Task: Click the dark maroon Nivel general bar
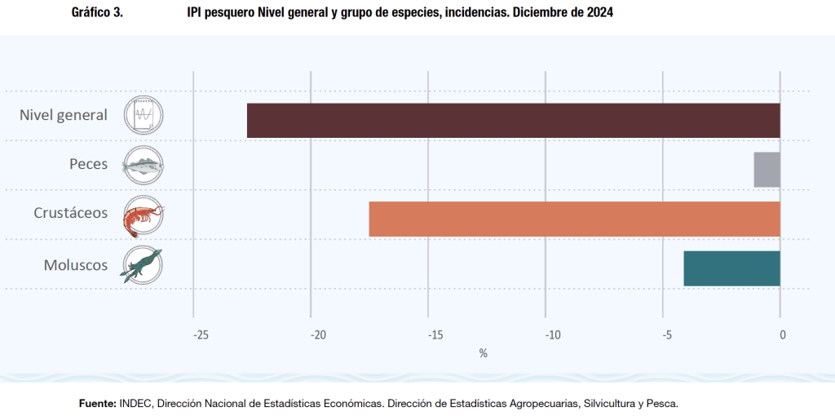(x=514, y=121)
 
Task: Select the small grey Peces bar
(x=767, y=170)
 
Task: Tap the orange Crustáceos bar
(x=575, y=219)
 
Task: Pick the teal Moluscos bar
(x=731, y=268)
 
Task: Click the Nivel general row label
(x=64, y=115)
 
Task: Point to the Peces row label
(x=88, y=164)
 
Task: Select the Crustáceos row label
(x=71, y=213)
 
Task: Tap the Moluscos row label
(x=74, y=264)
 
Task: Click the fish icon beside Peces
(x=143, y=166)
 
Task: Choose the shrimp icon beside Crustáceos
(x=143, y=215)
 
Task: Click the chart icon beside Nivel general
(x=144, y=115)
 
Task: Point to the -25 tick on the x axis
(x=201, y=334)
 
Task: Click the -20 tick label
(x=318, y=334)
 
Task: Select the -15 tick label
(x=435, y=334)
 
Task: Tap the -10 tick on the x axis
(x=553, y=334)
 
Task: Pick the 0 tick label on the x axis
(x=783, y=334)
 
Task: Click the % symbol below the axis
(x=483, y=353)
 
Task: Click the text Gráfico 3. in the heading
(x=97, y=13)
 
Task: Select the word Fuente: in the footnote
(x=97, y=403)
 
